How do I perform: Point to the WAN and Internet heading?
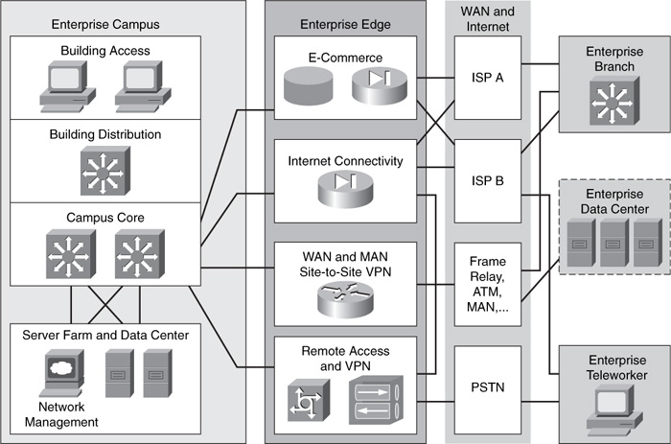tap(488, 18)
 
